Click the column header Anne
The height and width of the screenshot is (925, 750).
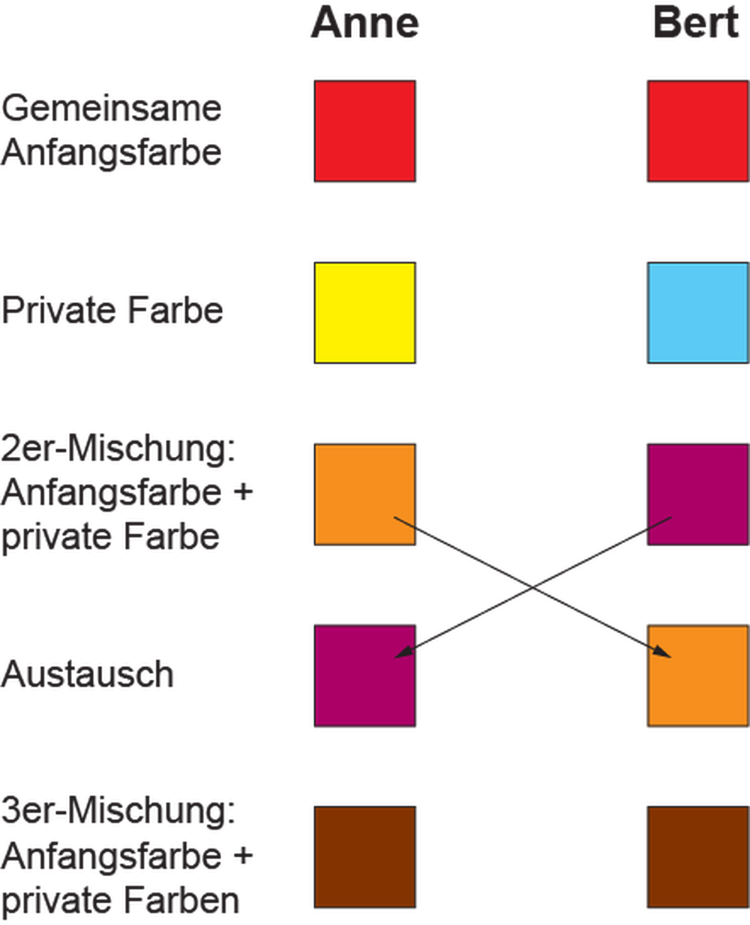(x=364, y=23)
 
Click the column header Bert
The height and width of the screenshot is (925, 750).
(x=696, y=23)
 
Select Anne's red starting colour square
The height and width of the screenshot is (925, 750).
(x=364, y=131)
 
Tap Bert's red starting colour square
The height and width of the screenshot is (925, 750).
(x=697, y=131)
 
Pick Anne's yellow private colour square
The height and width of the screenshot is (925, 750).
(x=364, y=313)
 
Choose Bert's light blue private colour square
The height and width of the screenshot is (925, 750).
(x=697, y=313)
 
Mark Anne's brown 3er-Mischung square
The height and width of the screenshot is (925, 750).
(x=364, y=857)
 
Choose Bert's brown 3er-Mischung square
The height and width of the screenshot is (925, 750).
(x=697, y=857)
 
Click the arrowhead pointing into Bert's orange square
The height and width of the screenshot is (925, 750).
(x=662, y=652)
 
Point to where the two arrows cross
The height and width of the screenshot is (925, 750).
(x=532, y=586)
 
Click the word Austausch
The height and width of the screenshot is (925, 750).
(x=87, y=675)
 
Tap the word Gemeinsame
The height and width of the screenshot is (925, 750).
(x=111, y=109)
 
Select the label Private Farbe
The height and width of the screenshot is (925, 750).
(x=112, y=311)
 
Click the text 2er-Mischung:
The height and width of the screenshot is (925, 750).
(x=118, y=449)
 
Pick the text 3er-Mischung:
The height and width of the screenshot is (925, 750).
(x=118, y=812)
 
